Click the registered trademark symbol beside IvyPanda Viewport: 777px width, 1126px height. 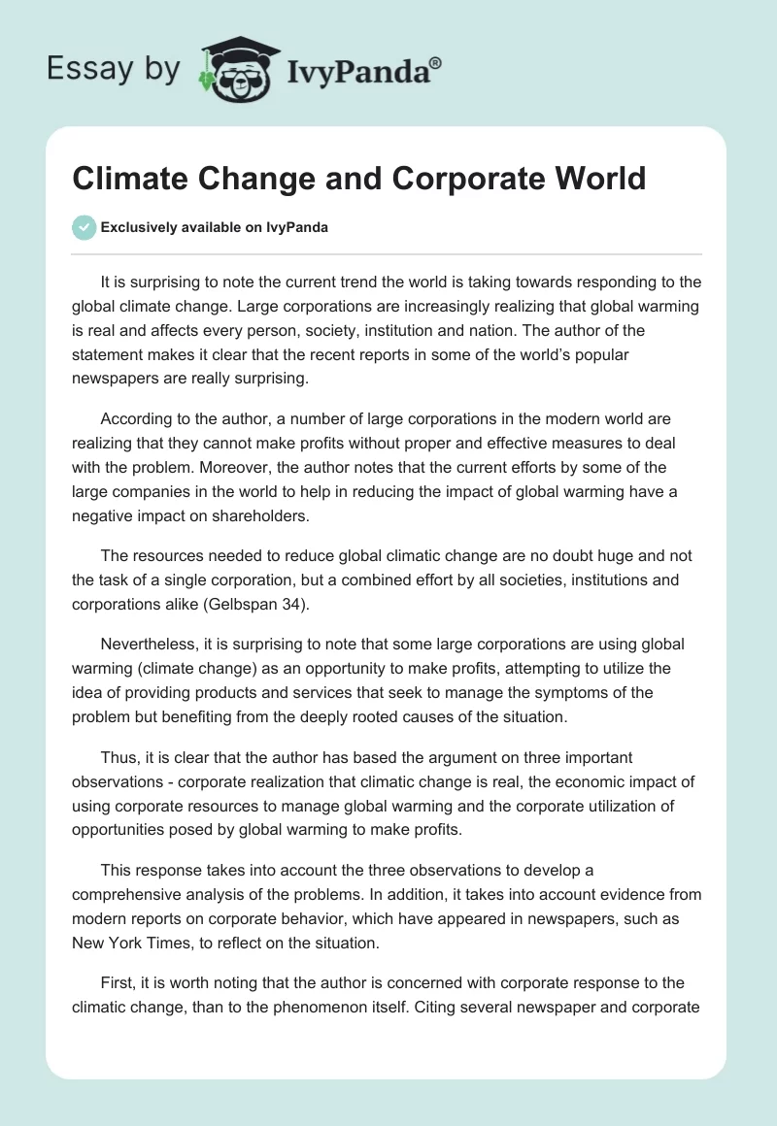(436, 63)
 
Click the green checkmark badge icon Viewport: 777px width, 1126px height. (84, 227)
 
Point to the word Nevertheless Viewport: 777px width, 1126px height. (148, 644)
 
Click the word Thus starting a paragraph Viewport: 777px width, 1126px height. (117, 757)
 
